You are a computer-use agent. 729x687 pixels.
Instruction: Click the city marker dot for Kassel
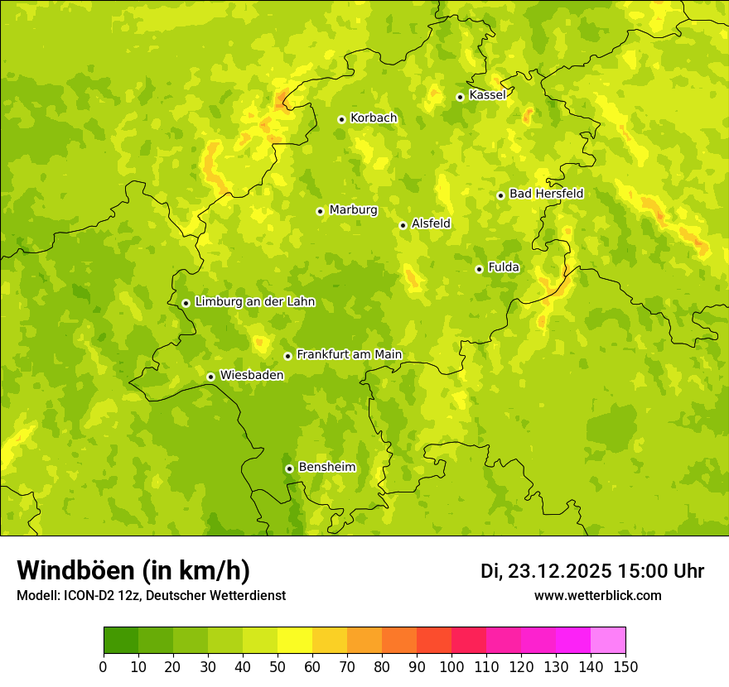460,97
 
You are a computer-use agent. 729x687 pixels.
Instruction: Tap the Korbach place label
374,118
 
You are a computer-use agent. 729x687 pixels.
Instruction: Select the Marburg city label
353,210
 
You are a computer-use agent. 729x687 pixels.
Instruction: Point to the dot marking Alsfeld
403,225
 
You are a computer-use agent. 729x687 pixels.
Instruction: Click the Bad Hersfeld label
546,195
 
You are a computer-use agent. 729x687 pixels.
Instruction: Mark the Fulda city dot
479,269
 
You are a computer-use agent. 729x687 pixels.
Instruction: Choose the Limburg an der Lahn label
254,302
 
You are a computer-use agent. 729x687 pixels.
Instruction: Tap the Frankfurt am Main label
349,355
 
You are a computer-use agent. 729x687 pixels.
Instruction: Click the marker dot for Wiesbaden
211,377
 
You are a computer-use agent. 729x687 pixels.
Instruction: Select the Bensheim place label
326,468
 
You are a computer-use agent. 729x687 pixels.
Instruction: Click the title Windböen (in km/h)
133,570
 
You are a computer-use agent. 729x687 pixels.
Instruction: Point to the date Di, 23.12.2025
546,571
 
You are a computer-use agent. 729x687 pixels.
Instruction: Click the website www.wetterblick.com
597,596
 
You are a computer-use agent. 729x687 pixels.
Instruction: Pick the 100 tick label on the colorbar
451,666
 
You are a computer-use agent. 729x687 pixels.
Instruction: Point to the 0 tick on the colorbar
104,666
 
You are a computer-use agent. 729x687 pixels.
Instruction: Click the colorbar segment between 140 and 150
608,641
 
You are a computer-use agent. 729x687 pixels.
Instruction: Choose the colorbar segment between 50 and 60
295,641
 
